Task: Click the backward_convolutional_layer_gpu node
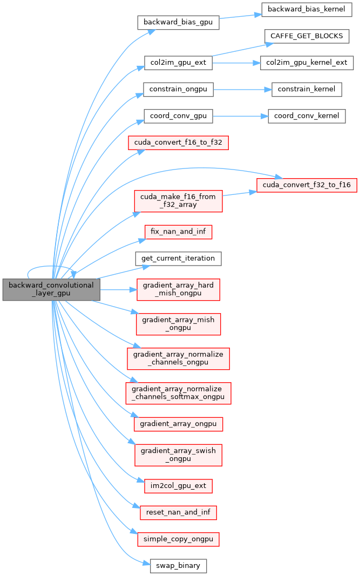[51, 290]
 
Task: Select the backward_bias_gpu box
[178, 23]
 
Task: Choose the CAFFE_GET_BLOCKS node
[307, 36]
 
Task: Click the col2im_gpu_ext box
[178, 63]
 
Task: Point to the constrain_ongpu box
[178, 89]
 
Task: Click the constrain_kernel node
[307, 89]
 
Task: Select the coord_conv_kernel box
[307, 116]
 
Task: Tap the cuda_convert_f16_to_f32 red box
[178, 143]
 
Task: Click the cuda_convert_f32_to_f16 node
[307, 185]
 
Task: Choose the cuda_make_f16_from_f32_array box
[178, 200]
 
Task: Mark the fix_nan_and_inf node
[178, 232]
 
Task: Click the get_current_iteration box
[178, 258]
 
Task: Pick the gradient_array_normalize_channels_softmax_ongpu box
[178, 392]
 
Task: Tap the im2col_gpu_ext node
[178, 485]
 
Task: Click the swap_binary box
[178, 566]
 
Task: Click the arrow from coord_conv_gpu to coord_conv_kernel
[240, 116]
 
